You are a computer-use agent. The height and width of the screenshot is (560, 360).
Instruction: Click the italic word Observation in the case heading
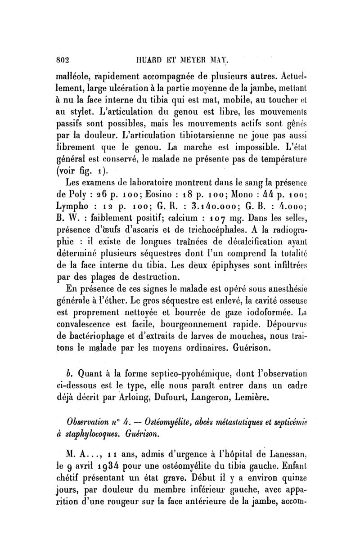[x=92, y=424]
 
